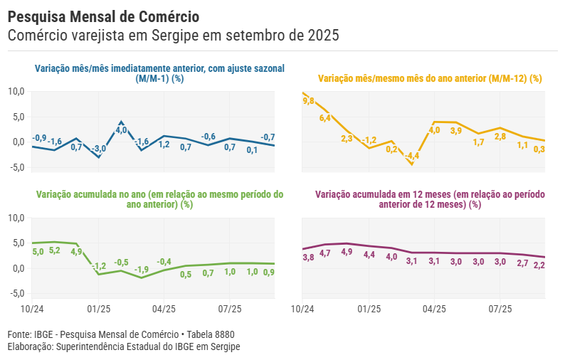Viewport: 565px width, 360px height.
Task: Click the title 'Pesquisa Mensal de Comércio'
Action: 103,16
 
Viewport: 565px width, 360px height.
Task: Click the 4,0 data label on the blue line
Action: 121,130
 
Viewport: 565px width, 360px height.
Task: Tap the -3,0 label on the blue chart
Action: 99,148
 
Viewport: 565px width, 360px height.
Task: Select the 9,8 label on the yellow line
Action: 308,102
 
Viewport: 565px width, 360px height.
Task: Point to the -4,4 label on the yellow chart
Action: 412,156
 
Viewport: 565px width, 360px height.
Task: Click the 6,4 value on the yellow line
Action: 325,118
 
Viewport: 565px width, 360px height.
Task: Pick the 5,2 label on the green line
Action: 55,250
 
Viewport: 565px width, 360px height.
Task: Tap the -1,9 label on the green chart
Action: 142,269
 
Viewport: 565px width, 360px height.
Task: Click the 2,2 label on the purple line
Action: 539,265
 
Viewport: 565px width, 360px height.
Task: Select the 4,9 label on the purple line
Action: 347,252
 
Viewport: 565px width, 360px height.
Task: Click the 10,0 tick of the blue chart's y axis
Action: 16,91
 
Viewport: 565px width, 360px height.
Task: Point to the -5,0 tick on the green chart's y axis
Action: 16,293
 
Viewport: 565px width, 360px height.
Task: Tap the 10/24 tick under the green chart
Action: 33,309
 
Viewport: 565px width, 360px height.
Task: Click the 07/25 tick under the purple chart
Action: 500,309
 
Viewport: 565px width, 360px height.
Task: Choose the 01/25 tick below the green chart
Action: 98,309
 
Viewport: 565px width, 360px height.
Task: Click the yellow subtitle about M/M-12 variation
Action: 430,78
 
